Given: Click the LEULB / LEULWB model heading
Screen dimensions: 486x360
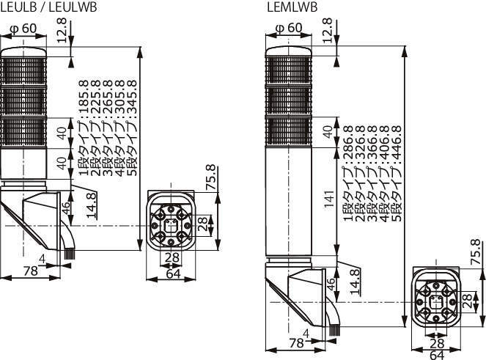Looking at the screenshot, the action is point(49,7).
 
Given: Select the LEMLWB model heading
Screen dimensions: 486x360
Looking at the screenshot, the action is point(292,7).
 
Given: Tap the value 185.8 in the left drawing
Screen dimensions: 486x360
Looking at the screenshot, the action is point(84,97).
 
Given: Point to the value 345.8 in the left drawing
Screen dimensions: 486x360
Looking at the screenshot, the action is point(131,97).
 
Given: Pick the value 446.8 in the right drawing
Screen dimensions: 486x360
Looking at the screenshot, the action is point(396,142).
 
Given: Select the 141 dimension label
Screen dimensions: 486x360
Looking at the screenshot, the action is point(329,199).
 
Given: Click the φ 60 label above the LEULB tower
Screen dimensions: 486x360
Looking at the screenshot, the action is point(23,29).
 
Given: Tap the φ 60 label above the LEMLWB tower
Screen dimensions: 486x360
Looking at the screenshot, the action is point(289,28).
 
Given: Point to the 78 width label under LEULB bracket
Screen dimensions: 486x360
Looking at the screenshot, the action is point(30,271).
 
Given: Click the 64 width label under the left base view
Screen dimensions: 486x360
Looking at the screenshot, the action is point(173,274).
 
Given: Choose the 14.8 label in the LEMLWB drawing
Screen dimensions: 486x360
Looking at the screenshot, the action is point(356,282).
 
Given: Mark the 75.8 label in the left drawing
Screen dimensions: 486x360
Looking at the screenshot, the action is point(211,177).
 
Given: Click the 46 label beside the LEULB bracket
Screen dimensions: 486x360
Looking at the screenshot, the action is point(66,208).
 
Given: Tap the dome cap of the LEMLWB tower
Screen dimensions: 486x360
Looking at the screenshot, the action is point(289,51).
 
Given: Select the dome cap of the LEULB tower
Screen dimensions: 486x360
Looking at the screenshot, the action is point(23,52).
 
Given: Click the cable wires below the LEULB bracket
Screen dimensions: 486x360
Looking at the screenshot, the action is point(69,254).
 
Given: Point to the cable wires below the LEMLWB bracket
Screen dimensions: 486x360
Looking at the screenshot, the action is point(334,331).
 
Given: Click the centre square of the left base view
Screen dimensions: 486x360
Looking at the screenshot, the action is point(171,225).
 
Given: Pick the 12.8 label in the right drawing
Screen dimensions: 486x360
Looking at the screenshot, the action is point(328,30).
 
